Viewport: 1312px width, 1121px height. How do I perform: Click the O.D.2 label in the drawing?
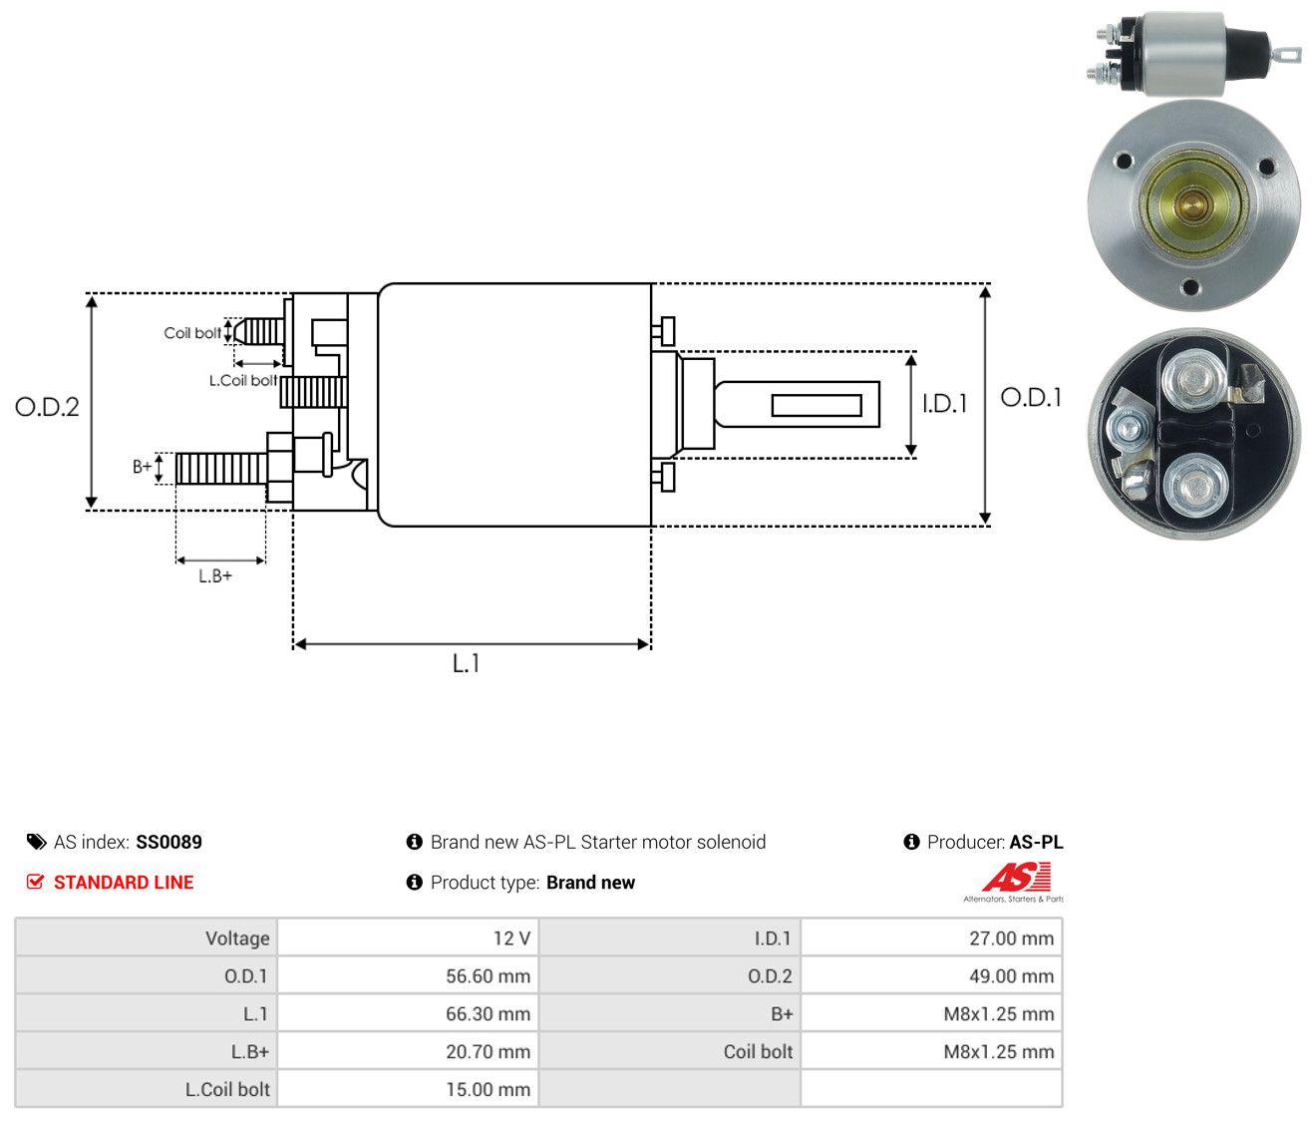tap(47, 407)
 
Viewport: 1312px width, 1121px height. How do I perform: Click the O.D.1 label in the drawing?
tap(1030, 398)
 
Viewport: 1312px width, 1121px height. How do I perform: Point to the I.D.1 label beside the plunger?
tap(944, 403)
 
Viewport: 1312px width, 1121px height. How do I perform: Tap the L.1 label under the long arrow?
tap(466, 663)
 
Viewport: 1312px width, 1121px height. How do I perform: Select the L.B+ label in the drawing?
tap(215, 576)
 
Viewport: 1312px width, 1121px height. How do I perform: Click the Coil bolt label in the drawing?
tap(192, 333)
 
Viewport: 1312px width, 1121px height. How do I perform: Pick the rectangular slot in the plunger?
tap(816, 405)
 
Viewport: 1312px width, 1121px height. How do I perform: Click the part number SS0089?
tap(168, 842)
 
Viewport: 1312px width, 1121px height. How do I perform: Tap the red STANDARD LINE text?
tap(124, 883)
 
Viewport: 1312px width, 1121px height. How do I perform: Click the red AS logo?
tap(1016, 877)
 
